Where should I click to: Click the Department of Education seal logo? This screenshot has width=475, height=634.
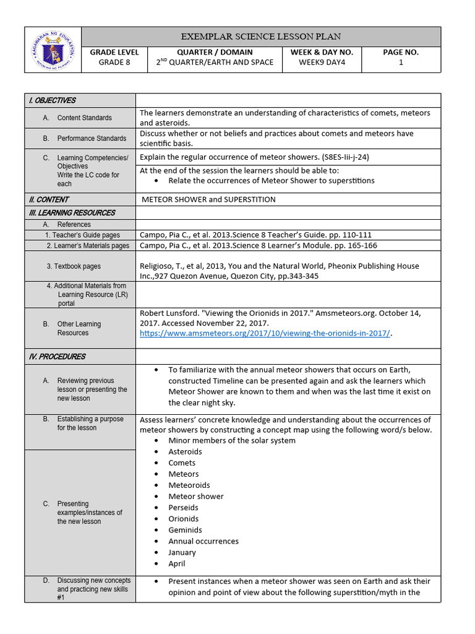tap(53, 50)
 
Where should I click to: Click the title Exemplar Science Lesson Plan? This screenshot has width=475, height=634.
tap(260, 37)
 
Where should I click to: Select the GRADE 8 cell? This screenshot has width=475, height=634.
tap(114, 63)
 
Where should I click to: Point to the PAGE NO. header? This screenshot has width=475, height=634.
tap(401, 53)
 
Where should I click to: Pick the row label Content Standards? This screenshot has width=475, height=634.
tap(84, 118)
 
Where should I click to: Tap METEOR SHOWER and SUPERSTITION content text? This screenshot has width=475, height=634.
tap(208, 199)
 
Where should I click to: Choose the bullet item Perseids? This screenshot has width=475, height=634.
tap(184, 508)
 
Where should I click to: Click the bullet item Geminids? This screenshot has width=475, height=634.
tap(185, 530)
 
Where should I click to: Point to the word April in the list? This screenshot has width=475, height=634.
tap(177, 563)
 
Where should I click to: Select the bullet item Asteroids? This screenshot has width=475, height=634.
tap(185, 452)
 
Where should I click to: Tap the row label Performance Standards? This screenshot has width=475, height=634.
tap(92, 139)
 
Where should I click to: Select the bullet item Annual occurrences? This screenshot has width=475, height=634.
tap(203, 541)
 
